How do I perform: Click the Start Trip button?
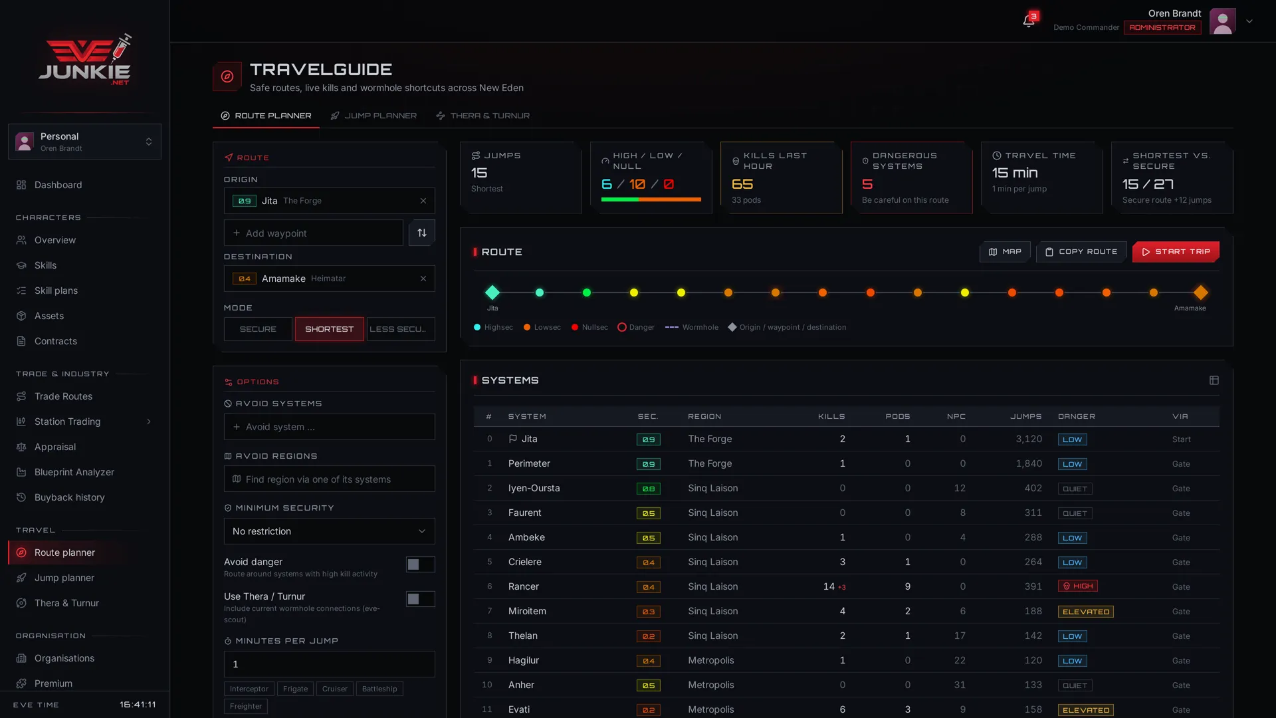tap(1176, 252)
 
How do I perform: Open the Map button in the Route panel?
tap(1005, 252)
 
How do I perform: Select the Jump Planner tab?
tap(373, 116)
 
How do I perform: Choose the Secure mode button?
tap(258, 329)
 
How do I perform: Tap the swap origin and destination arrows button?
tap(422, 233)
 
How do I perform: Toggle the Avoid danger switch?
tap(421, 564)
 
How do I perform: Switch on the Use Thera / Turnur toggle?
tap(421, 599)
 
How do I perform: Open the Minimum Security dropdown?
tap(330, 531)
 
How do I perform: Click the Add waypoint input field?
tap(314, 233)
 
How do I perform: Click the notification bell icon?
tap(1028, 21)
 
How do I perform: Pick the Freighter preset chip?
tap(246, 706)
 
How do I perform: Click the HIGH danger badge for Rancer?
tap(1077, 586)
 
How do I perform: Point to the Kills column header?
tap(831, 417)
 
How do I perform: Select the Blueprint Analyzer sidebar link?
tap(74, 472)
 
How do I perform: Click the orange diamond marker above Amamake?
tap(1200, 293)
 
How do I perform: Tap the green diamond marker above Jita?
tap(492, 293)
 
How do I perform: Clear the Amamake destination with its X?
tap(423, 279)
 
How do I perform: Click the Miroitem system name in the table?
tap(527, 611)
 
